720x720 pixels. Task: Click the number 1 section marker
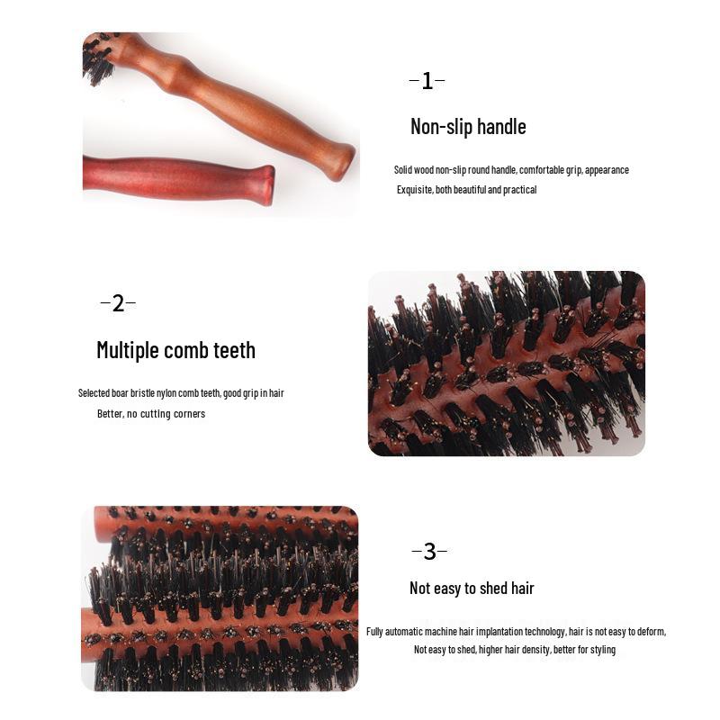click(427, 81)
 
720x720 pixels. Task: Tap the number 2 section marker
click(118, 303)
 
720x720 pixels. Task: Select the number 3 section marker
click(429, 552)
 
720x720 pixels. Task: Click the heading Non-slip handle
click(468, 127)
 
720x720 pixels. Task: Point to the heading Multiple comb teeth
click(175, 350)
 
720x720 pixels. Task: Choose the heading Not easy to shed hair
click(472, 589)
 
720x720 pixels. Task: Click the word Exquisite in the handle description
click(415, 190)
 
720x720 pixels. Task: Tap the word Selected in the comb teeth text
click(94, 393)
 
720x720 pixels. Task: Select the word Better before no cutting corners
click(110, 414)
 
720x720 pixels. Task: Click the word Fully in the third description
click(376, 632)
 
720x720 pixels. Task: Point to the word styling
click(601, 650)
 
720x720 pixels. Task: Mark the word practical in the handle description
click(520, 190)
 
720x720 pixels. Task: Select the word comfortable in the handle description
click(540, 170)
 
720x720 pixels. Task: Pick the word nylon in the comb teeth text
click(178, 393)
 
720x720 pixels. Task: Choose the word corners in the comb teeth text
click(190, 414)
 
